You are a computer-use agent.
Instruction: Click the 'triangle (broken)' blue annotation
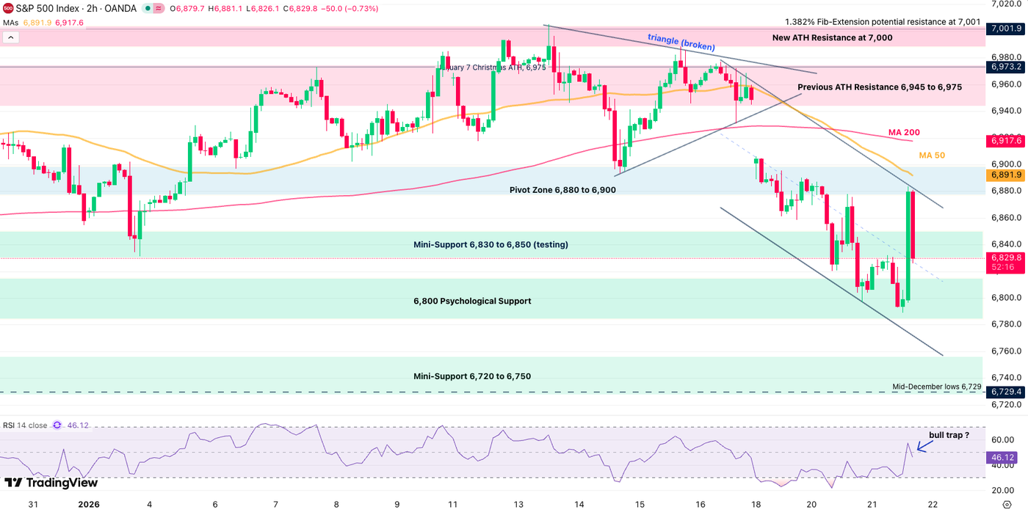[x=681, y=43]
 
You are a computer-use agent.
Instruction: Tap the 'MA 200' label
[x=904, y=132]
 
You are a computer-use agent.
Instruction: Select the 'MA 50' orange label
[x=931, y=156]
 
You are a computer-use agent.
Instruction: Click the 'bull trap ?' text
[x=949, y=435]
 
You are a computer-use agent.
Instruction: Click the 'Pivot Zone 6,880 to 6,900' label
[x=562, y=190]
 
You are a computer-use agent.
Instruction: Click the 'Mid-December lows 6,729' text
[x=936, y=386]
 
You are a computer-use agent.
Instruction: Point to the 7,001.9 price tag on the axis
[x=1005, y=29]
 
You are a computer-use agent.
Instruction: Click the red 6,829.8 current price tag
[x=1005, y=257]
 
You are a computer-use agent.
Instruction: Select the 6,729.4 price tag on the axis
[x=1005, y=392]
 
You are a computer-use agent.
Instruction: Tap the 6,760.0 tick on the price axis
[x=1005, y=351]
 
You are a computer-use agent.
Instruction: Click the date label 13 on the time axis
[x=518, y=505]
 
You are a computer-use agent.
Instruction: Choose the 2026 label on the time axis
[x=88, y=505]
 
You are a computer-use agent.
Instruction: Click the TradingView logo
[x=51, y=483]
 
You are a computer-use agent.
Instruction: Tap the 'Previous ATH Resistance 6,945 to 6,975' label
[x=880, y=87]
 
